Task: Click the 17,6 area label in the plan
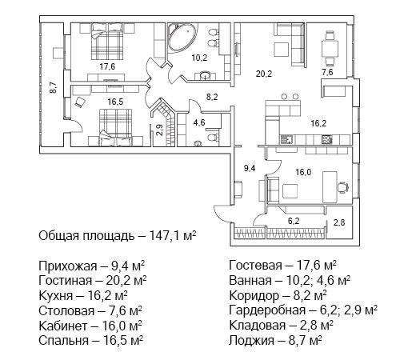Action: tap(108, 66)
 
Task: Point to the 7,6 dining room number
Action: tap(327, 73)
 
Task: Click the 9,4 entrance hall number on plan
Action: tap(249, 169)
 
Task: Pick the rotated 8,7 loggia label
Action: tap(52, 88)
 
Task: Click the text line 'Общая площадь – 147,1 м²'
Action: tap(118, 237)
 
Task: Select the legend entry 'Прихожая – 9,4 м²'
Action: tap(91, 265)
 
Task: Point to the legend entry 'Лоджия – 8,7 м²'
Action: tap(275, 340)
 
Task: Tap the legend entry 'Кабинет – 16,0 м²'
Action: tap(90, 326)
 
